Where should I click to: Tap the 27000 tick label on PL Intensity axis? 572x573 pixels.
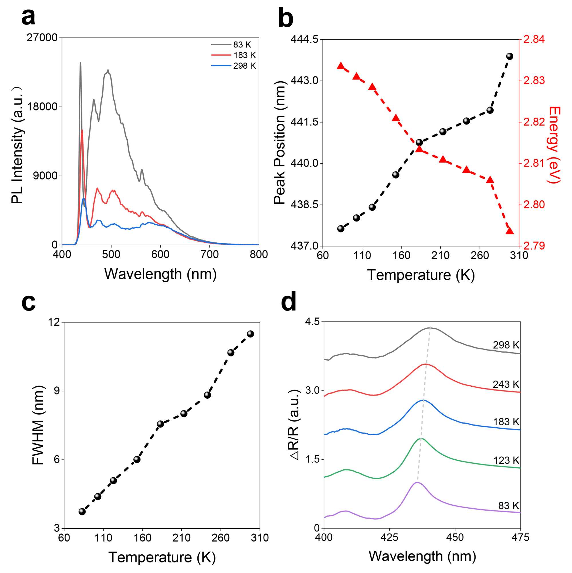pos(42,38)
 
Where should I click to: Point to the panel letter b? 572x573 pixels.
pos(286,19)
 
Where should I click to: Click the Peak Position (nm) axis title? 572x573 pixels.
pos(279,143)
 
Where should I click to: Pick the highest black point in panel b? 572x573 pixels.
pos(509,56)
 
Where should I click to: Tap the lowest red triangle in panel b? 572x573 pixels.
pos(509,231)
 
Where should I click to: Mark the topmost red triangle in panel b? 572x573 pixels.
pos(341,66)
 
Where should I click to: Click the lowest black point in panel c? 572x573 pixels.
pos(82,512)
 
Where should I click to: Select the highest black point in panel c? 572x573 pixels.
pos(250,334)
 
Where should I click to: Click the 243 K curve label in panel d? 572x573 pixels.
pos(506,384)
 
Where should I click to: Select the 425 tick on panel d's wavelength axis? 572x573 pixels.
pos(389,538)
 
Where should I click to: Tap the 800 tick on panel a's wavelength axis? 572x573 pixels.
pos(259,254)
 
